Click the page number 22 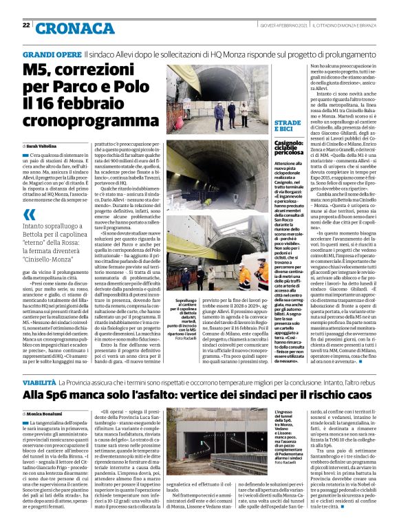[x=25, y=25]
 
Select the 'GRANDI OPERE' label [x=52, y=54]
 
